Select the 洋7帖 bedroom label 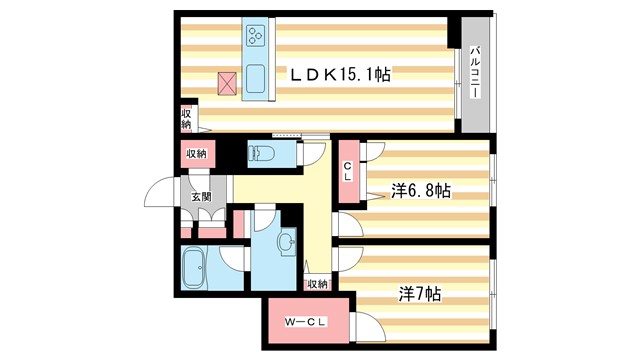point(419,295)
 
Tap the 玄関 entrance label point(202,196)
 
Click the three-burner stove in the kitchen point(254,38)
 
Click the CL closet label point(348,172)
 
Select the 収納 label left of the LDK point(186,118)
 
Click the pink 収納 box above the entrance point(196,154)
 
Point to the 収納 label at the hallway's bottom point(317,284)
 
